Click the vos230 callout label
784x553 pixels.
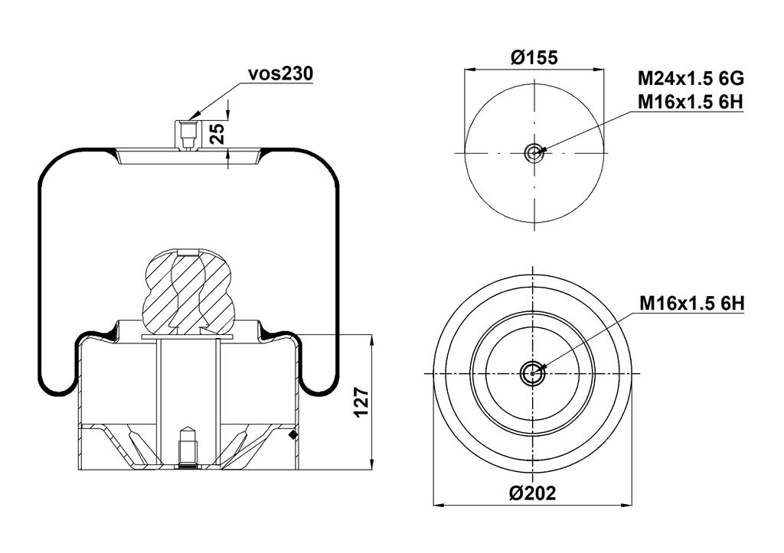(280, 73)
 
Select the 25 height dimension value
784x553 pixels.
(217, 133)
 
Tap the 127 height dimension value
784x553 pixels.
(361, 402)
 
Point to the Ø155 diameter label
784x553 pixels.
(534, 57)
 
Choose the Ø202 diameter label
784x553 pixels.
(533, 493)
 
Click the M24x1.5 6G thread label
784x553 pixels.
(691, 79)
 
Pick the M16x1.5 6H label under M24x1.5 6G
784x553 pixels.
(691, 102)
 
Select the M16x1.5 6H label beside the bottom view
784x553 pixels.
(692, 303)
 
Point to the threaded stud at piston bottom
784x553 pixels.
(187, 447)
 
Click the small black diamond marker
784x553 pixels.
(293, 435)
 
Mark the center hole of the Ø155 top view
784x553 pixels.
(534, 152)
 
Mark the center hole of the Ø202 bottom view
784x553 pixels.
(533, 373)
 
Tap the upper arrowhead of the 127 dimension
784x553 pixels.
(372, 342)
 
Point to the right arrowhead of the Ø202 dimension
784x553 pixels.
(626, 506)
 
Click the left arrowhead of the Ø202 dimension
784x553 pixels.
(440, 506)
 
